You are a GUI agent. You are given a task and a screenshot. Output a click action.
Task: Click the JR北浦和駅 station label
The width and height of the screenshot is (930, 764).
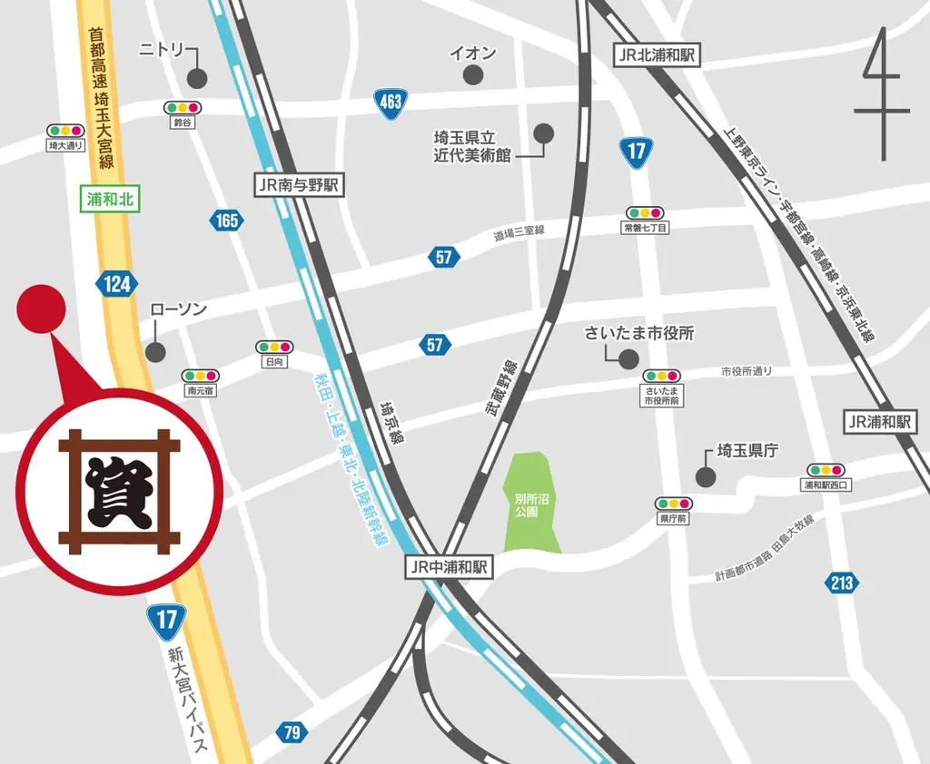click(657, 55)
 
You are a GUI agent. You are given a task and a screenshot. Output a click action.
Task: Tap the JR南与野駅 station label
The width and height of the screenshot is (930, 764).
click(297, 185)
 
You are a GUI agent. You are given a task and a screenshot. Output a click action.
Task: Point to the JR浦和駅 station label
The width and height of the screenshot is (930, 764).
click(877, 422)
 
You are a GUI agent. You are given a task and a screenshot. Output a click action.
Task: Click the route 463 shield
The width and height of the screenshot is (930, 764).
click(390, 103)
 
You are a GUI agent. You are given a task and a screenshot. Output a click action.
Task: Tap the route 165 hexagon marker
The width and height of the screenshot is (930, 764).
click(227, 220)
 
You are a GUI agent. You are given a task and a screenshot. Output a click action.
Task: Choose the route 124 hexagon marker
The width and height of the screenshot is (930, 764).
click(116, 284)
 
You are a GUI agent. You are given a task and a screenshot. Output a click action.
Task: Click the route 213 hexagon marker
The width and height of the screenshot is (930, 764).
click(841, 583)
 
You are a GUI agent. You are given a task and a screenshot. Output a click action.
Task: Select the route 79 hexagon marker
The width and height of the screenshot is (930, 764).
click(291, 732)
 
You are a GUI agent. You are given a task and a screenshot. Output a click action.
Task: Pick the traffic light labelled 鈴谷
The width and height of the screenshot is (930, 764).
click(183, 107)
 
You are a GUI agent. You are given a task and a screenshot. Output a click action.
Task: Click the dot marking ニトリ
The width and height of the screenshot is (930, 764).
click(196, 79)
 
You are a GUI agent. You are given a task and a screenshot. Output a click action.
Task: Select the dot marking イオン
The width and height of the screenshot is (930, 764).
click(472, 75)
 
